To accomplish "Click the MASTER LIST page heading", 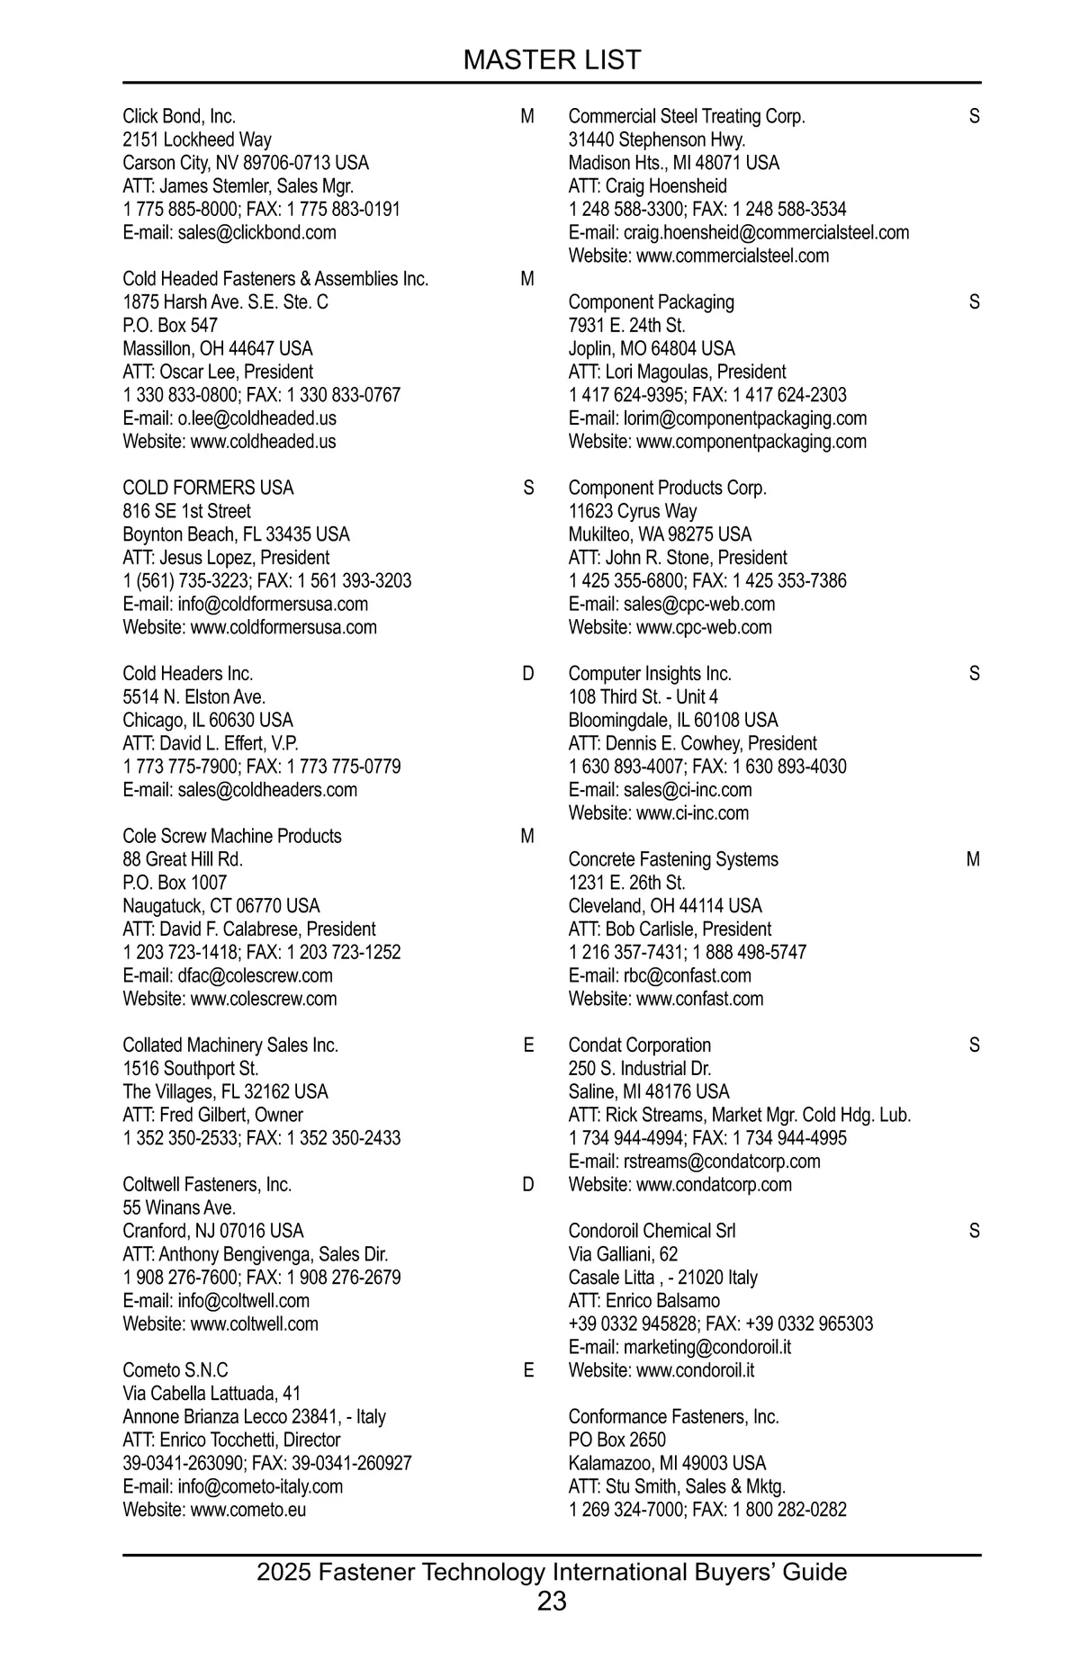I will pos(552,60).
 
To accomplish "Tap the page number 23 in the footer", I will pos(552,1601).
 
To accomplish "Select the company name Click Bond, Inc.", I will pos(179,117).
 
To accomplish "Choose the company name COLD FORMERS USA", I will pos(208,488).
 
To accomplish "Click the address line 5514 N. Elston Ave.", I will pos(194,697).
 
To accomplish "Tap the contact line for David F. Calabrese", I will pos(249,929).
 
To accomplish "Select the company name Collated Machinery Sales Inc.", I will pos(230,1045).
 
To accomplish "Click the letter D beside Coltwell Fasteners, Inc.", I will pos(528,1185).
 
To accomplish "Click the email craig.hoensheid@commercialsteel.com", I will pos(739,233).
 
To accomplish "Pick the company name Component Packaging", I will pos(651,302).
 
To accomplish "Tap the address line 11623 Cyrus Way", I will pos(633,511).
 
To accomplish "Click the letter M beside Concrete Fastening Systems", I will pos(973,860).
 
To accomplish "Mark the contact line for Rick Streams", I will pos(740,1116).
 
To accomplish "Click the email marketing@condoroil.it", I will pos(680,1348).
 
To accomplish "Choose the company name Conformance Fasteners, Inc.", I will pos(673,1417).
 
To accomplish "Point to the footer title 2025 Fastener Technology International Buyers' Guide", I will pos(552,1572).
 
